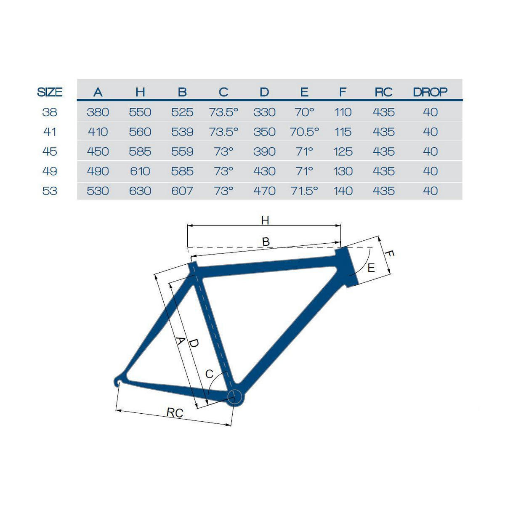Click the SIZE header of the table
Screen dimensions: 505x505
[x=50, y=92]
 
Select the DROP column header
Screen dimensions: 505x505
[x=430, y=92]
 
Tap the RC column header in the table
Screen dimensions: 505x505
[x=383, y=92]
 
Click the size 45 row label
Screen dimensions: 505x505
[x=50, y=151]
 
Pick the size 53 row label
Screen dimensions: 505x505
[x=50, y=191]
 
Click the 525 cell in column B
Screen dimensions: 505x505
[x=182, y=112]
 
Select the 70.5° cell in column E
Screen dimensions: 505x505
[x=304, y=132]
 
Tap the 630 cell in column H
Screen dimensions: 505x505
[x=140, y=191]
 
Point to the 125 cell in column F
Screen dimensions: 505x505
[x=343, y=151]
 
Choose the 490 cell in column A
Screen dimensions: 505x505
[x=98, y=171]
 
